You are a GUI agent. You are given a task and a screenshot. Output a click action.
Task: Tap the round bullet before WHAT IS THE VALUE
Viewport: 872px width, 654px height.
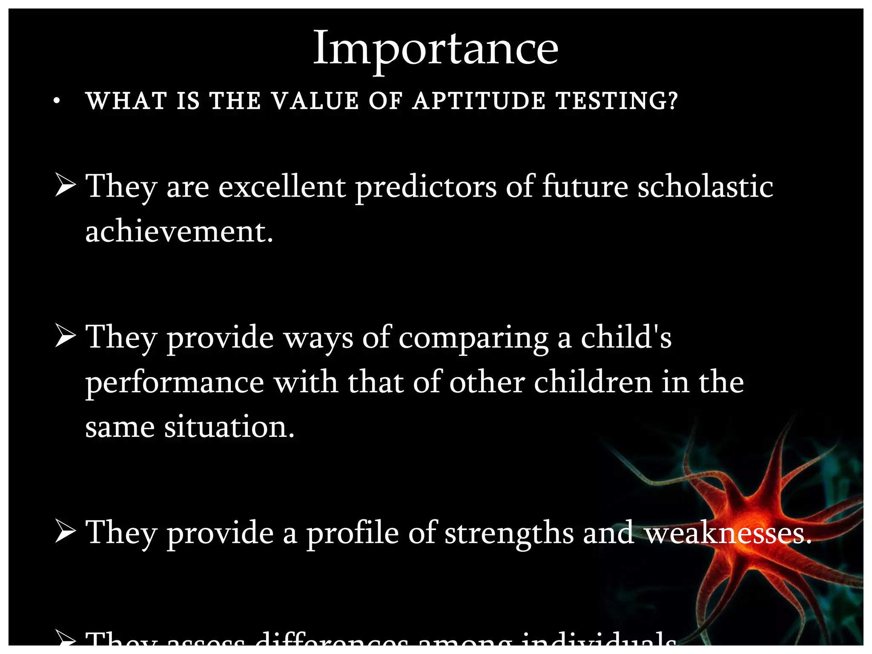(57, 101)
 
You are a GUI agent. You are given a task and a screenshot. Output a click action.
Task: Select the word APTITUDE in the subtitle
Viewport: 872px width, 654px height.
(479, 101)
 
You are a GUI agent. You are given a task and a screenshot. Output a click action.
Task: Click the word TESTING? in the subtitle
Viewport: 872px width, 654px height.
(616, 101)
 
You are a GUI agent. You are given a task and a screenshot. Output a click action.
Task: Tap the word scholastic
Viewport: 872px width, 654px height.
(705, 186)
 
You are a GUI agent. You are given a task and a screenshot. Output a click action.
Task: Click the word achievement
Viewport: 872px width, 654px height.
(179, 232)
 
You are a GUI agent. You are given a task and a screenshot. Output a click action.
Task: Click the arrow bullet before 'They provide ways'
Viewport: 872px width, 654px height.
(65, 336)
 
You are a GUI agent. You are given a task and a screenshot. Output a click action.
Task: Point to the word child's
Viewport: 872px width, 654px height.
(626, 337)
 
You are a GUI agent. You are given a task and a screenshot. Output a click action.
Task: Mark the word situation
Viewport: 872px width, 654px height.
(229, 427)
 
